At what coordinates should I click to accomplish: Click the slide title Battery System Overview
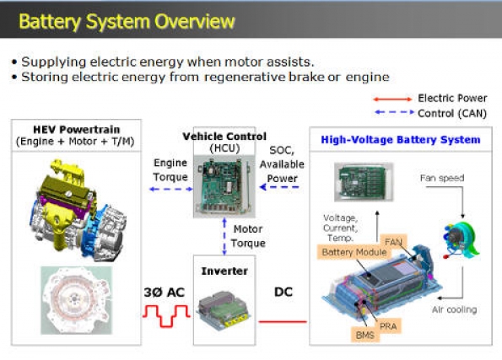[x=127, y=21]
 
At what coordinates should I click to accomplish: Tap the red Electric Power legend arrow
[x=393, y=99]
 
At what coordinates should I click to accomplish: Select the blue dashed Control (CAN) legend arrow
[x=395, y=112]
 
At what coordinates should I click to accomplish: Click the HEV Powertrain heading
[x=76, y=130]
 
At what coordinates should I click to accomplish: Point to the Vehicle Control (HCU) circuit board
[x=224, y=186]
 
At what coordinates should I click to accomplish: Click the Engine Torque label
[x=170, y=170]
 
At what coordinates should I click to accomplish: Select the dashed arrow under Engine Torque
[x=171, y=189]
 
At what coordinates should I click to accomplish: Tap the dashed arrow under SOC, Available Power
[x=279, y=187]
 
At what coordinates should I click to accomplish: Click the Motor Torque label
[x=248, y=236]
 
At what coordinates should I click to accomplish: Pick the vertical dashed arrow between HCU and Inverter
[x=224, y=236]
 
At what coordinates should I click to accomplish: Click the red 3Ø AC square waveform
[x=166, y=316]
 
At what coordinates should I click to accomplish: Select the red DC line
[x=283, y=321]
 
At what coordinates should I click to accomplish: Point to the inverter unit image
[x=224, y=309]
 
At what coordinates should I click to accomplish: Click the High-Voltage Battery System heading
[x=401, y=140]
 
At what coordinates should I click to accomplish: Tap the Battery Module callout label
[x=354, y=252]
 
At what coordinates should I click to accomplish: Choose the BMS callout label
[x=365, y=335]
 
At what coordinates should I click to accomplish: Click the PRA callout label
[x=388, y=326]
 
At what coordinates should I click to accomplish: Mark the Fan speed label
[x=442, y=178]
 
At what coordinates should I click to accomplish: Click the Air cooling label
[x=454, y=309]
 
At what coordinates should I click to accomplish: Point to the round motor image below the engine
[x=77, y=300]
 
